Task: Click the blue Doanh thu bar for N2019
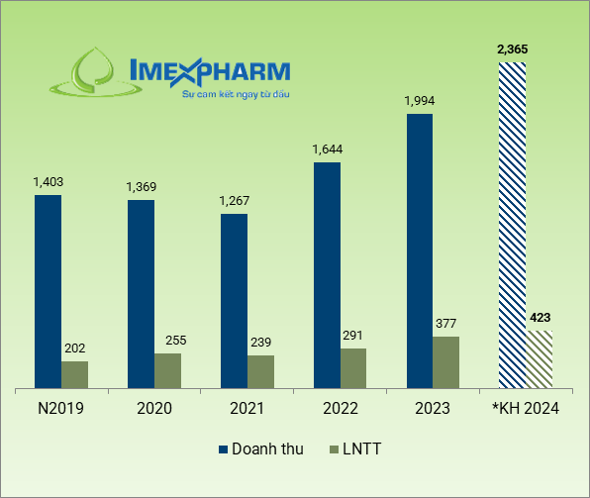[x=48, y=291]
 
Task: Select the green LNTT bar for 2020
[x=167, y=370]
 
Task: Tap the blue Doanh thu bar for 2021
[x=234, y=300]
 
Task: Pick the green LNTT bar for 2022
[x=353, y=367]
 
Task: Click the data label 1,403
[x=48, y=182]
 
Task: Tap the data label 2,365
[x=513, y=49]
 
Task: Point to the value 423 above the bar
[x=540, y=318]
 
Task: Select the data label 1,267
[x=234, y=201]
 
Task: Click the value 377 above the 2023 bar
[x=446, y=323]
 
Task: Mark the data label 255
[x=167, y=340]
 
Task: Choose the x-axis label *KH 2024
[x=526, y=409]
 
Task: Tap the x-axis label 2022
[x=340, y=409]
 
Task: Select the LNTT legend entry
[x=353, y=449]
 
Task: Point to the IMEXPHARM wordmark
[x=210, y=71]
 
